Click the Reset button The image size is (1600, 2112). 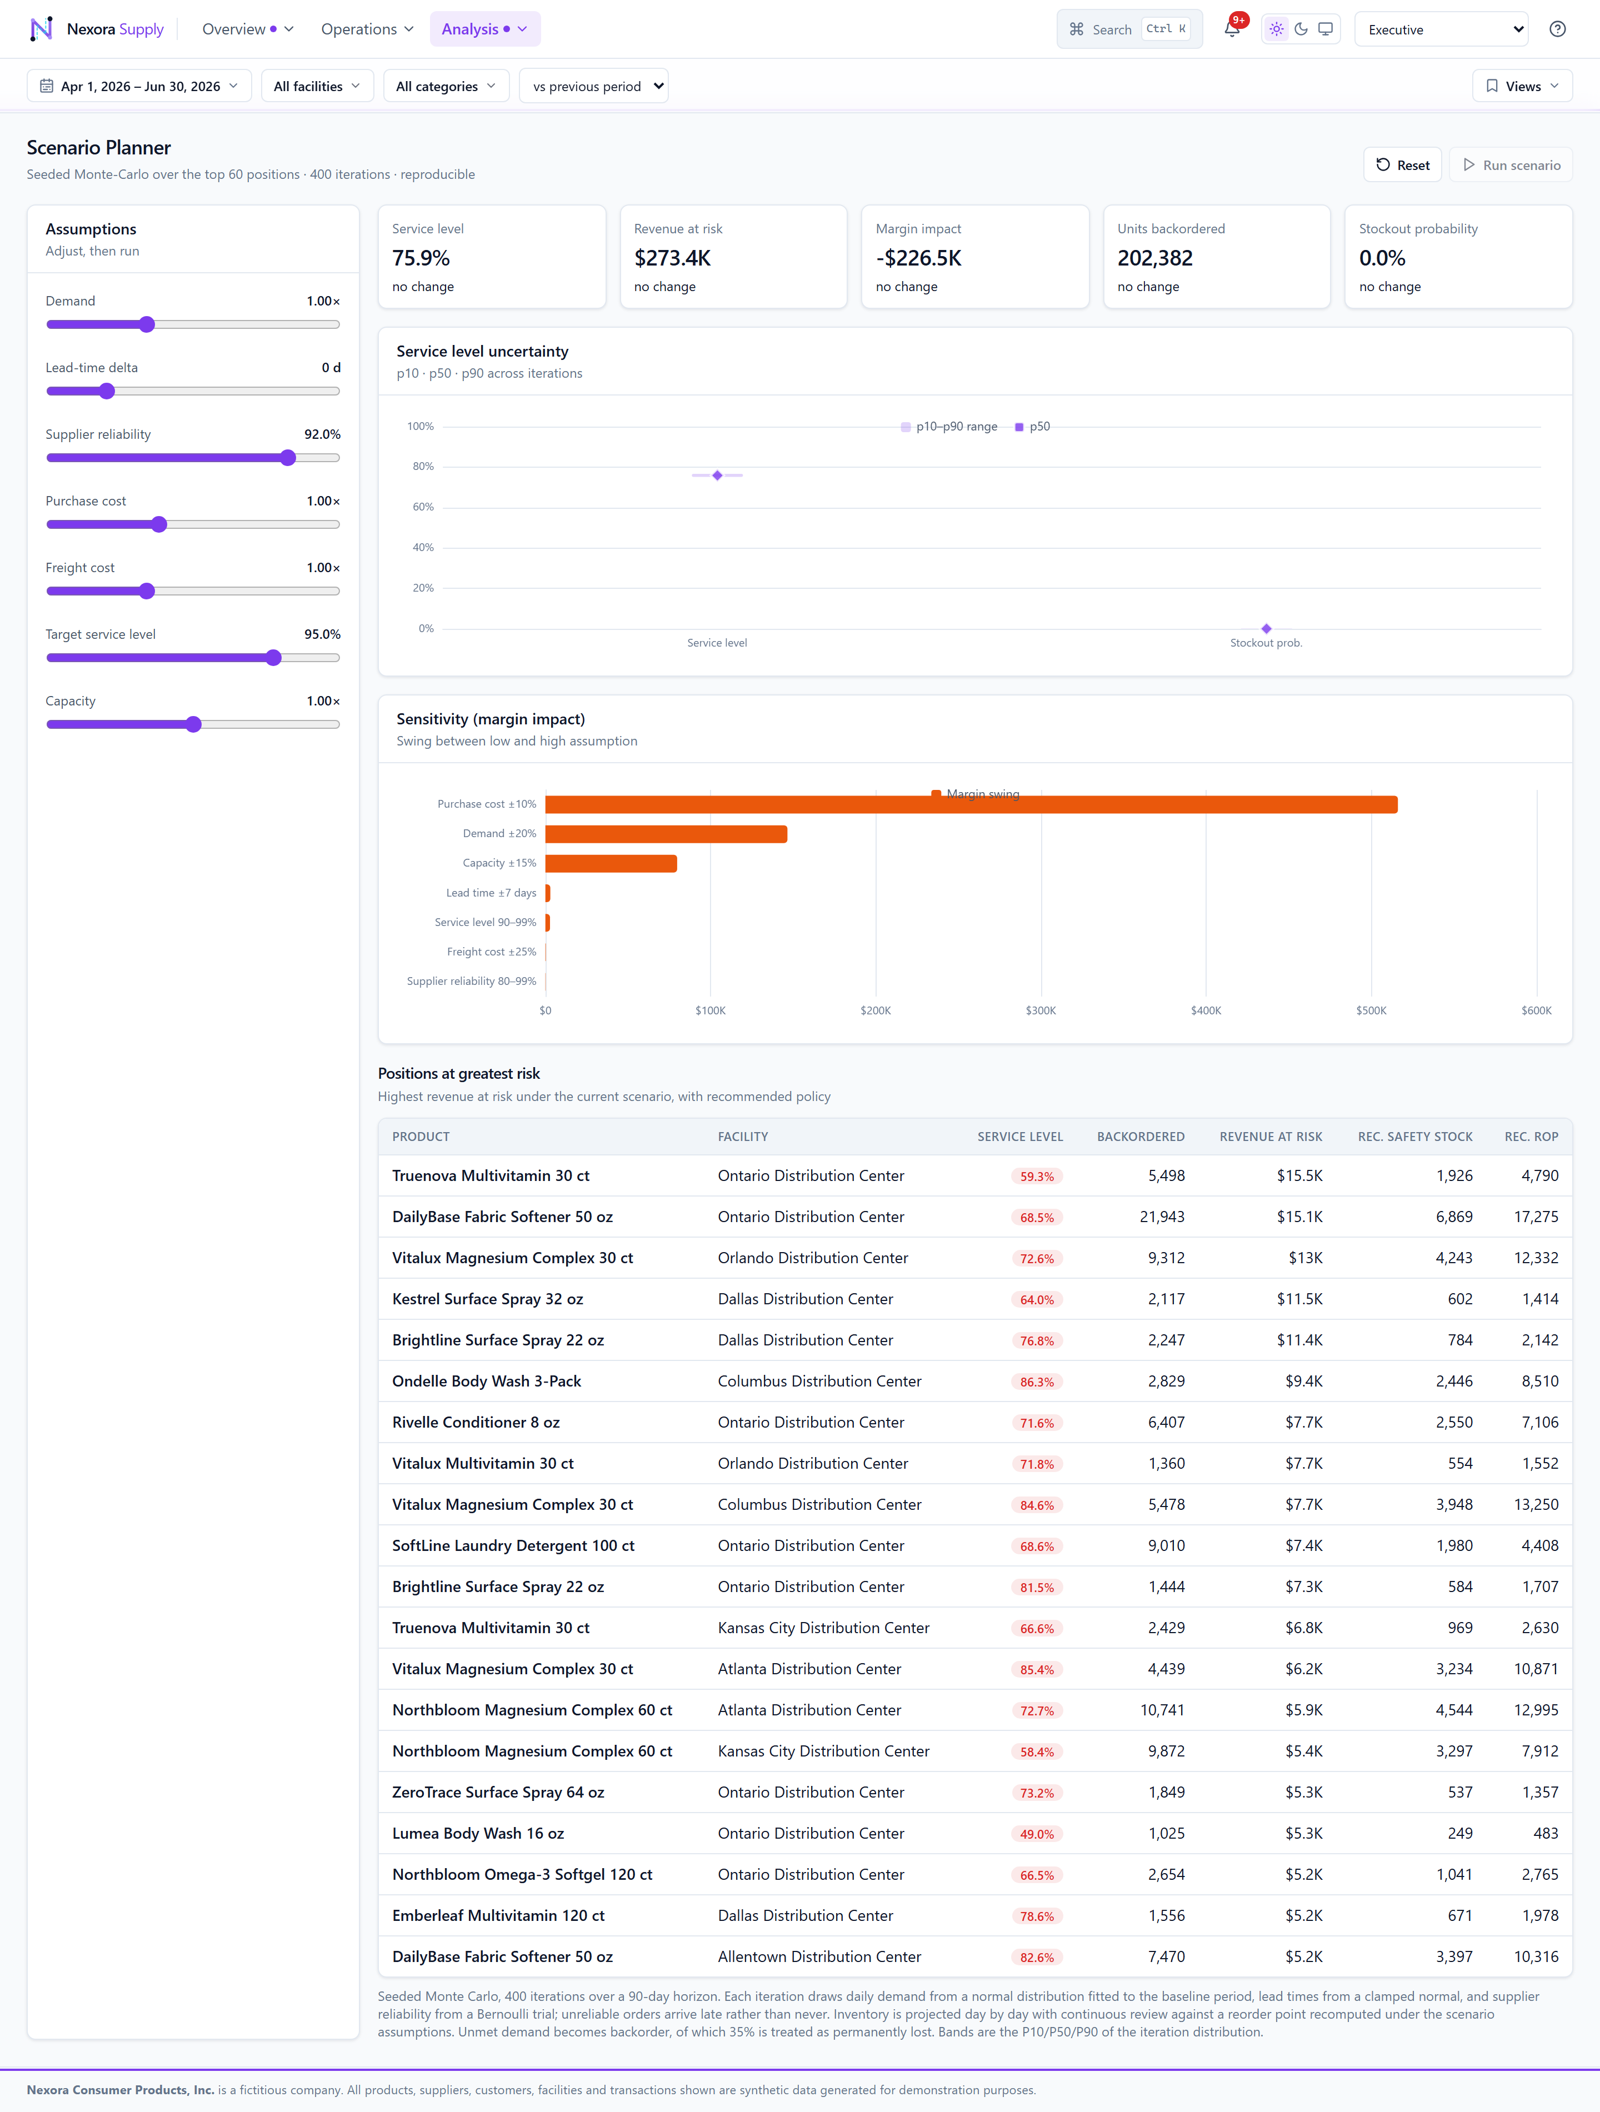(1402, 165)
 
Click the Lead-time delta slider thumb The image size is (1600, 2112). (107, 392)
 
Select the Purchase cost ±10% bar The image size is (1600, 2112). (971, 805)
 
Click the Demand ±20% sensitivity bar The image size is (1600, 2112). (666, 834)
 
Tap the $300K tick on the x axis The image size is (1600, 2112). (1041, 1010)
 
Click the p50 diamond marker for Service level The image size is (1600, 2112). (717, 476)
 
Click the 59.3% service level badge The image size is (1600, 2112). (1037, 1177)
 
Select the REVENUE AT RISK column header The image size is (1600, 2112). (1271, 1136)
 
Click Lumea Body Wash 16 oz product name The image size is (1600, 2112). (478, 1833)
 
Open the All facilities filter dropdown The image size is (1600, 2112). (317, 86)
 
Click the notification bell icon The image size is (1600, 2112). (1232, 29)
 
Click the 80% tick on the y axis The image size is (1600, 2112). (423, 467)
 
